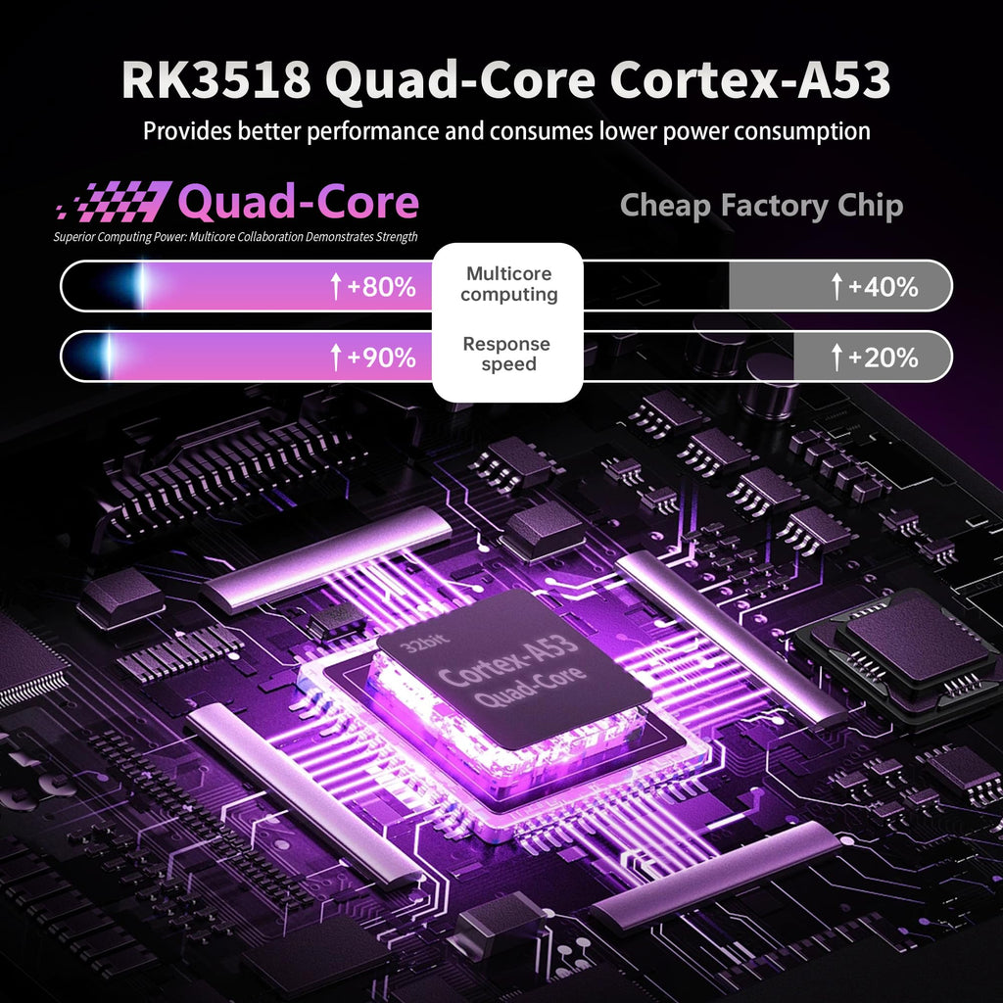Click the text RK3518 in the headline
[x=216, y=79]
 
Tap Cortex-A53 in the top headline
[x=749, y=79]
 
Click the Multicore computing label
[x=509, y=284]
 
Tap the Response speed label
[x=506, y=354]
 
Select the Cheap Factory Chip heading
[x=761, y=206]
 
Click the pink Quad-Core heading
[x=298, y=202]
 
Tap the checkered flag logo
[x=115, y=202]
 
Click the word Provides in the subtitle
[x=187, y=130]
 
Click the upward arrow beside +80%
[x=336, y=287]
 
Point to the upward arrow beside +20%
[x=836, y=357]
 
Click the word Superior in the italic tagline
[x=72, y=237]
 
